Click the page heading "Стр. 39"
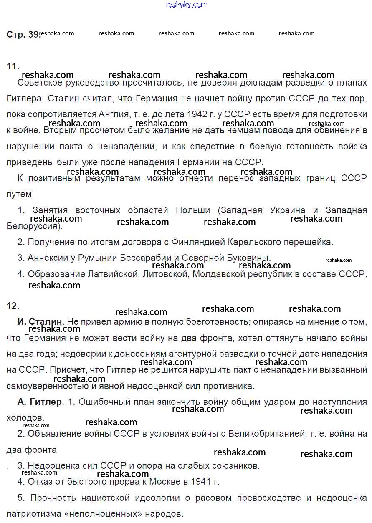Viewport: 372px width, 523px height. (23, 35)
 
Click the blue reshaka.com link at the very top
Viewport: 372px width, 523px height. (186, 5)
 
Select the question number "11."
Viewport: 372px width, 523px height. (13, 66)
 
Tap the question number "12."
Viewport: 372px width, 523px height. (13, 306)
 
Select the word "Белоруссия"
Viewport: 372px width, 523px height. (33, 227)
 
